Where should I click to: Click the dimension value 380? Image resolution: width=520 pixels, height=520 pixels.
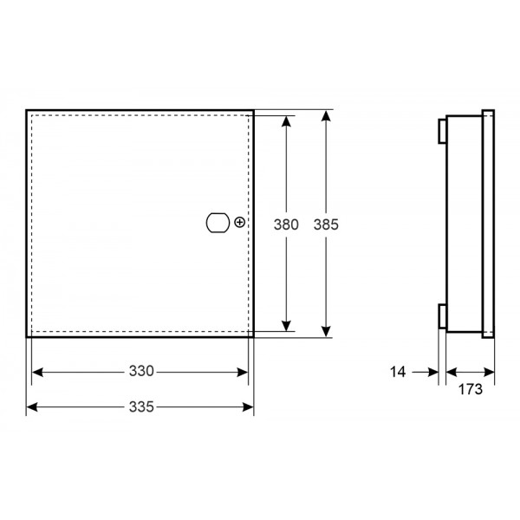pyautogui.click(x=286, y=224)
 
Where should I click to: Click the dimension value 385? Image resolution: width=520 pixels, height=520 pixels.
pyautogui.click(x=326, y=224)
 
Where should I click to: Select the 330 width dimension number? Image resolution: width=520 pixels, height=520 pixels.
pyautogui.click(x=141, y=371)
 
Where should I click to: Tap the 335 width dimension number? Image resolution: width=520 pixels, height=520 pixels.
pyautogui.click(x=141, y=406)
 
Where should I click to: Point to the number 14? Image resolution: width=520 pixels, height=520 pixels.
pyautogui.click(x=398, y=372)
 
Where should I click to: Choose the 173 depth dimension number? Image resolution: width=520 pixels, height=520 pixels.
pyautogui.click(x=471, y=389)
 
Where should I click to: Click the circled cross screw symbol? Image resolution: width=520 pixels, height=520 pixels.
pyautogui.click(x=239, y=222)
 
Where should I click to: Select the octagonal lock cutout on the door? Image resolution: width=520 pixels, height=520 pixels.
pyautogui.click(x=218, y=223)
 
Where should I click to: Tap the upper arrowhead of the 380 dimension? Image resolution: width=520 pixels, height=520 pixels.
pyautogui.click(x=286, y=121)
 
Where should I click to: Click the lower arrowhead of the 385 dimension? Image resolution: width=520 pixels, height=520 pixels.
pyautogui.click(x=327, y=332)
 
